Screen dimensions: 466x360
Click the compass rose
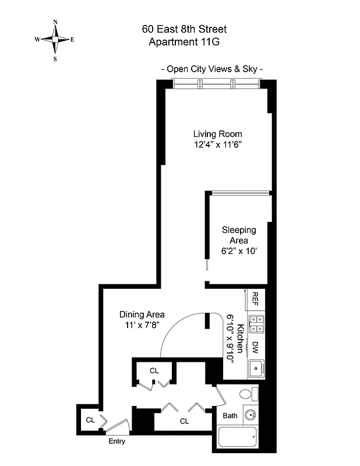pos(55,40)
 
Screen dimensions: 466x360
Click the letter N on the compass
pos(55,22)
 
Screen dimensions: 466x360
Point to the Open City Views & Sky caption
pos(211,69)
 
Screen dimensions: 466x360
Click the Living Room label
pos(217,134)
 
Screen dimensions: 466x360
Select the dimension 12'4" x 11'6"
pos(217,146)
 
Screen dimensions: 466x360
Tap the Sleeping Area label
pos(238,235)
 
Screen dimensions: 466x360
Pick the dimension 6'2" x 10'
pos(238,252)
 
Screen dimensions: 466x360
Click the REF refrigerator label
pos(255,299)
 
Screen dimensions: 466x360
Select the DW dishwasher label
pos(255,348)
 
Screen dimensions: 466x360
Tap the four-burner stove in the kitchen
pos(255,324)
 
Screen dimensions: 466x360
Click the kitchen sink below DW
pos(255,369)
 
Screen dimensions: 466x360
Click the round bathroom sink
pos(250,416)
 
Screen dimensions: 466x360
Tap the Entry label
pos(117,442)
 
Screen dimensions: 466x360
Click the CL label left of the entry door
pos(90,419)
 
